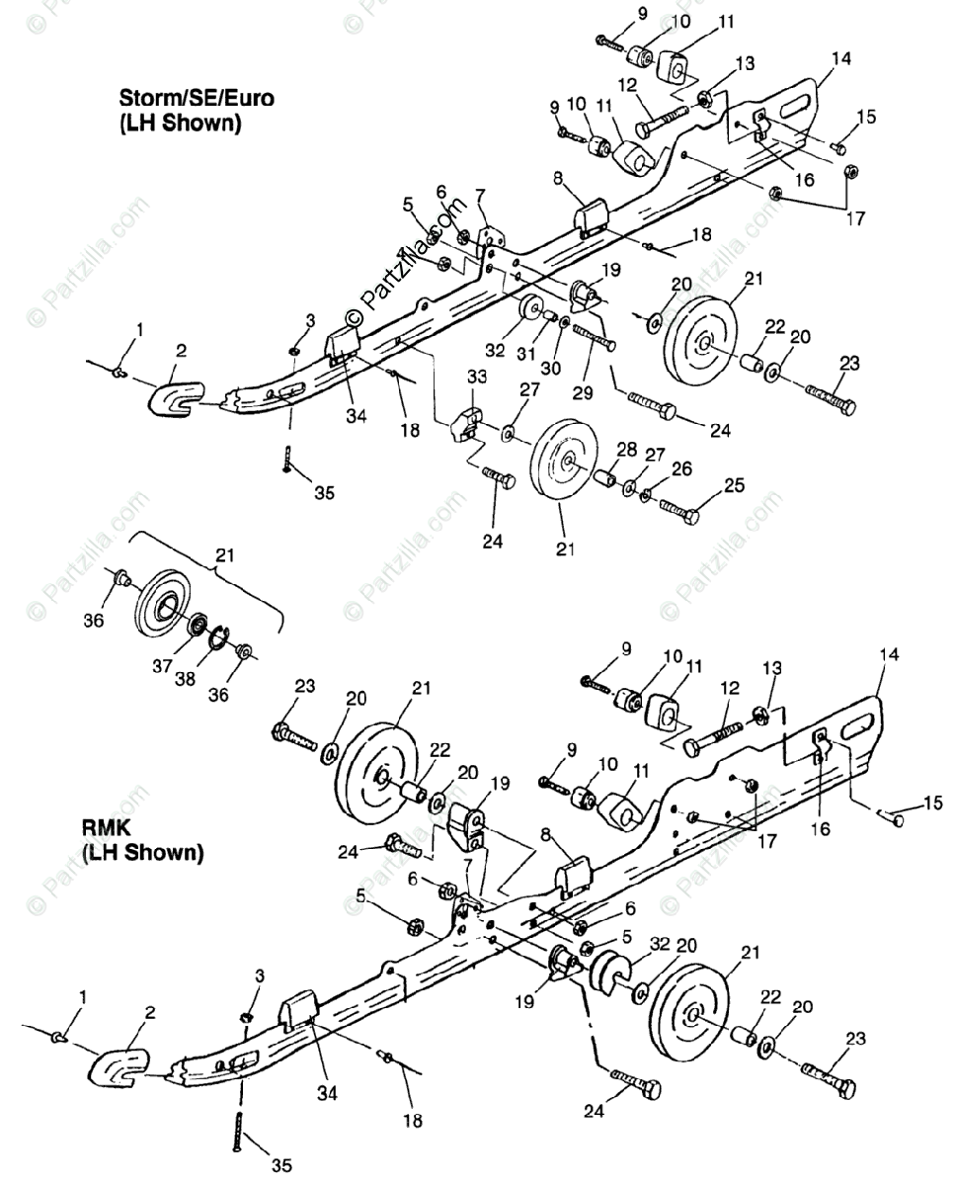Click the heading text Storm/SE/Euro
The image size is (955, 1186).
tap(197, 99)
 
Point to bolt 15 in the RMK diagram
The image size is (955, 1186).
tap(892, 819)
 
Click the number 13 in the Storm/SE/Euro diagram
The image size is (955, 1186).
tap(744, 62)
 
